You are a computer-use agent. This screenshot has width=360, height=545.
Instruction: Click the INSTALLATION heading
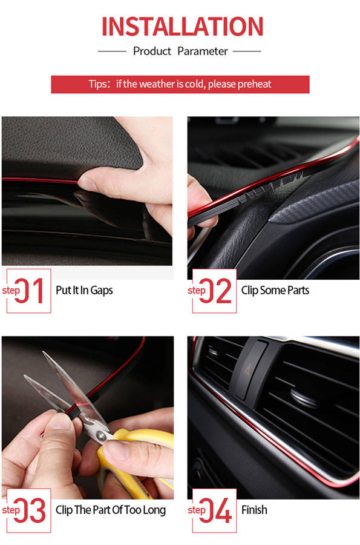tap(182, 27)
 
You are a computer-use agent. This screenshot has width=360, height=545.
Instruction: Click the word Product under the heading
tap(152, 51)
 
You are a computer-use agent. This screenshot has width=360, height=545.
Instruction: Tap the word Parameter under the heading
tap(203, 51)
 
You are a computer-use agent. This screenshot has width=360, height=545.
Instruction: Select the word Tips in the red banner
tap(97, 84)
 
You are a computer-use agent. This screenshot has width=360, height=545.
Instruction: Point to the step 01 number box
tap(29, 291)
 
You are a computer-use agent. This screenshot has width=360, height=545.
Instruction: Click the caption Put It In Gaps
tap(84, 290)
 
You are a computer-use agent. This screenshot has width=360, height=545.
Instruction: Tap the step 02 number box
tap(215, 291)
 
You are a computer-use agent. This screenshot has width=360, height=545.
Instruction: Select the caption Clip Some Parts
tap(275, 290)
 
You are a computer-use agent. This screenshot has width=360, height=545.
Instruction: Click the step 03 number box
tap(29, 510)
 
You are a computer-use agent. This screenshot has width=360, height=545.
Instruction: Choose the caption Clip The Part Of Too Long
tap(111, 510)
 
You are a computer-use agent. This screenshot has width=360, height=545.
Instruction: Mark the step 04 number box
tap(215, 510)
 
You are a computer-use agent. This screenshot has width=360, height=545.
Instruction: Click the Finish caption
tap(255, 510)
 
